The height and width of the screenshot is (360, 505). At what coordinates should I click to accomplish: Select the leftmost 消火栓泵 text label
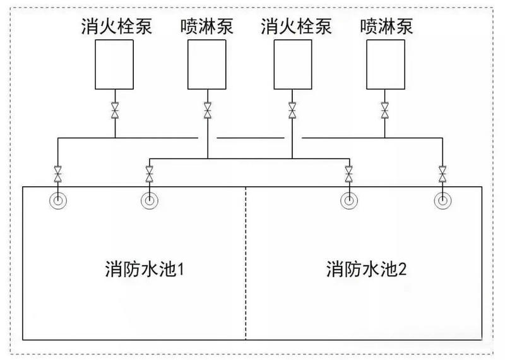pos(117,27)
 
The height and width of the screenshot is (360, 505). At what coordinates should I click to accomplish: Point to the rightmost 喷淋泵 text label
pos(386,27)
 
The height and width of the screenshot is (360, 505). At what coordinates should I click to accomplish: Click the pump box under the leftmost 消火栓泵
pos(115,64)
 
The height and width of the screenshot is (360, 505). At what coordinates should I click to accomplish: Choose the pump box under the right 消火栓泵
pos(292,64)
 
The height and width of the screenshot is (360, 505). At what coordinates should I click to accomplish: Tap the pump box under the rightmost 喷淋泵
pos(384,64)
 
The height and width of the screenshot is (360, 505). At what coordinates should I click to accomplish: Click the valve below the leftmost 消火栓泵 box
pos(115,110)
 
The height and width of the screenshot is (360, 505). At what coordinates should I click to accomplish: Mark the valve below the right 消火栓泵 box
pos(292,110)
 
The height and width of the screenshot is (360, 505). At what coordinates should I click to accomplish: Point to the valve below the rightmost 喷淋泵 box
pos(384,110)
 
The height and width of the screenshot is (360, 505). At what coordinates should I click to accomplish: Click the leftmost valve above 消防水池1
pos(57,172)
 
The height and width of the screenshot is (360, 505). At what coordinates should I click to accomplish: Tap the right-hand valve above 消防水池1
pos(149,172)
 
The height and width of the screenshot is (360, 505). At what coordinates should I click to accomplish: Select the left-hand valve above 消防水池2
pos(348,172)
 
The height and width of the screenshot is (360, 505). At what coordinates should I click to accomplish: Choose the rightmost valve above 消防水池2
pos(442,172)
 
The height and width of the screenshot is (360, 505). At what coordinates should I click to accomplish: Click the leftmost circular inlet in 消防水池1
pos(57,201)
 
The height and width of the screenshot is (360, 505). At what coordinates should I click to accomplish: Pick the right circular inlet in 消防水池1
pos(149,201)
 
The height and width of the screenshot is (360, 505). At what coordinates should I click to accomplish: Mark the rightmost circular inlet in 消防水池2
pos(442,201)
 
